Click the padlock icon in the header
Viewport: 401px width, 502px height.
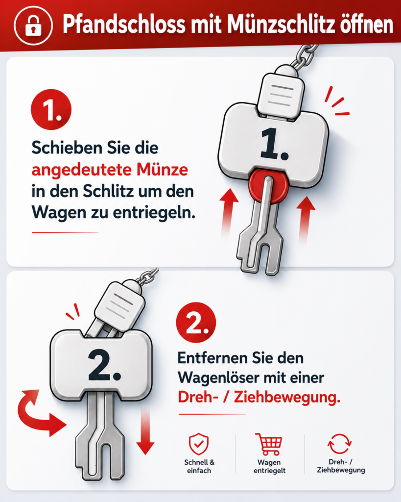coord(33,25)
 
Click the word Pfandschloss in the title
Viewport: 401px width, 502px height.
coord(124,25)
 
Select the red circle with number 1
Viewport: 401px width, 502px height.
coord(51,109)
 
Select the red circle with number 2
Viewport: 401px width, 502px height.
coord(196,323)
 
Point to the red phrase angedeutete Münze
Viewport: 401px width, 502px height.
coord(110,170)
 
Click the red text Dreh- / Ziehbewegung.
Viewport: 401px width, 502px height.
coord(259,398)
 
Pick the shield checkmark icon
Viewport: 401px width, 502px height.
coord(199,444)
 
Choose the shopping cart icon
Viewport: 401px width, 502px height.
coord(269,444)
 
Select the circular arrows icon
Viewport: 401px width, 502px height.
coord(339,444)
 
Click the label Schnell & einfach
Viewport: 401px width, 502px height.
coord(199,467)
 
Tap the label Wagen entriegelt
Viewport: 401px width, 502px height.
coord(269,467)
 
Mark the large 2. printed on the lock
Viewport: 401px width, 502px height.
coord(104,365)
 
